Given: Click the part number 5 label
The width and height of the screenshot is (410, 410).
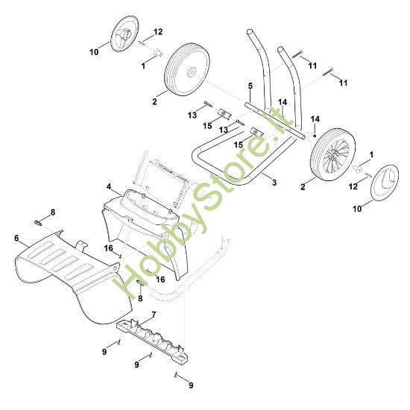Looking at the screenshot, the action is pos(250,86).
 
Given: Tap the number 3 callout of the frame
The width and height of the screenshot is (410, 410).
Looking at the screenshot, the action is pos(274,182).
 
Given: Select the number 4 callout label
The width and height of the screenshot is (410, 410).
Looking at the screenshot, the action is pos(109,186).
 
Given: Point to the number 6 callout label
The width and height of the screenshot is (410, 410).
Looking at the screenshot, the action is pos(16,239).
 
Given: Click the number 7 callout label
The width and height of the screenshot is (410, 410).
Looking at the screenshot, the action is pos(154,315).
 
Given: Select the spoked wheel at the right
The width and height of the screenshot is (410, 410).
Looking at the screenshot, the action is pos(332,155).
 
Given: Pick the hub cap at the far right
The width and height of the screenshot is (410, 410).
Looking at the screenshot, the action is pos(385,183).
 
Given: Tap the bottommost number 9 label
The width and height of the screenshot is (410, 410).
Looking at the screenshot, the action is pos(191,385).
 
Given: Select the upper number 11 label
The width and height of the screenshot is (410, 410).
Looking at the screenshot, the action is pos(313,66).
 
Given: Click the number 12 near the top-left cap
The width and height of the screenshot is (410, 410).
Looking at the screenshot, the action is pos(158,32).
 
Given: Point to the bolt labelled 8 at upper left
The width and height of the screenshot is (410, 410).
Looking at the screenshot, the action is pos(38,223).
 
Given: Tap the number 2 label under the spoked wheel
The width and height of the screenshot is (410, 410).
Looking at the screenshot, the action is pos(303,187).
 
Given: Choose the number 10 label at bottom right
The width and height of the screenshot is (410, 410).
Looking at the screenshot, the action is pos(357,209).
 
